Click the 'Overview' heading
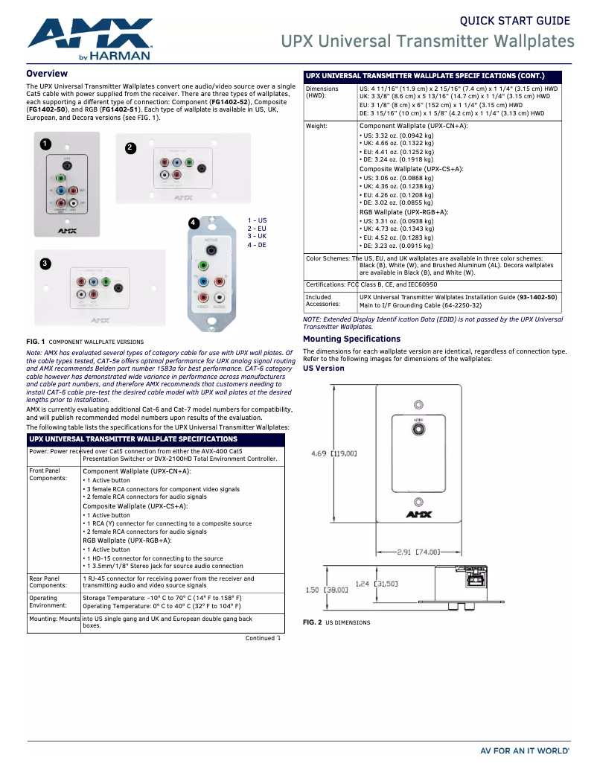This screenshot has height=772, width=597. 47,74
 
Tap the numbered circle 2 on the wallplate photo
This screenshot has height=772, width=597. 130,147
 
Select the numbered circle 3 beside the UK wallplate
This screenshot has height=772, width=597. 45,264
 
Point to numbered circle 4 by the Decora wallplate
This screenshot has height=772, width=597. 193,223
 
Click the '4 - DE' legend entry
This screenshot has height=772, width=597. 257,245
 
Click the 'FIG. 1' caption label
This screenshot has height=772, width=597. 36,342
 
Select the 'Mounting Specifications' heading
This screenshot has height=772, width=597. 351,339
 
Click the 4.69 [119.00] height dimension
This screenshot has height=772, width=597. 334,453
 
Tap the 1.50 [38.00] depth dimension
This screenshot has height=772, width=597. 327,590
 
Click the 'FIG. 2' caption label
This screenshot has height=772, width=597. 312,622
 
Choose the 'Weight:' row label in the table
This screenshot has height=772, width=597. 317,127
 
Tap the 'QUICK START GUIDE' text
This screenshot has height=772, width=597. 514,21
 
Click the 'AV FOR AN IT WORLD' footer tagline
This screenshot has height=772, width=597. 525,751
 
